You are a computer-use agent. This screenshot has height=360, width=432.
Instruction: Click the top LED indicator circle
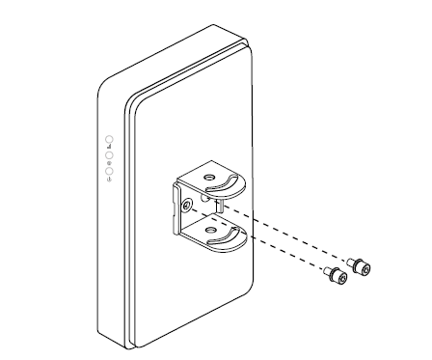pos(109,139)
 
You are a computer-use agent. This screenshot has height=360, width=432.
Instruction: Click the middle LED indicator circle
pos(110,153)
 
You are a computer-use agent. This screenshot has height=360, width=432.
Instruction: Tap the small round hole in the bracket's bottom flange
pos(206,229)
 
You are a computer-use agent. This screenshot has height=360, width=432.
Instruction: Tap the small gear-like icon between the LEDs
pos(110,161)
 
